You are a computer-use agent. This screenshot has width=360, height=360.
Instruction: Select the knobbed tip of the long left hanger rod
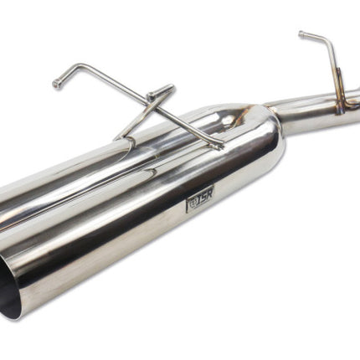(x=57, y=84)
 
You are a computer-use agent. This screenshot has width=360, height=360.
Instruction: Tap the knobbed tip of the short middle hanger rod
(x=152, y=95)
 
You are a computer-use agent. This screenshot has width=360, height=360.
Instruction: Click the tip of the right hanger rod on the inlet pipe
(x=301, y=34)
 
